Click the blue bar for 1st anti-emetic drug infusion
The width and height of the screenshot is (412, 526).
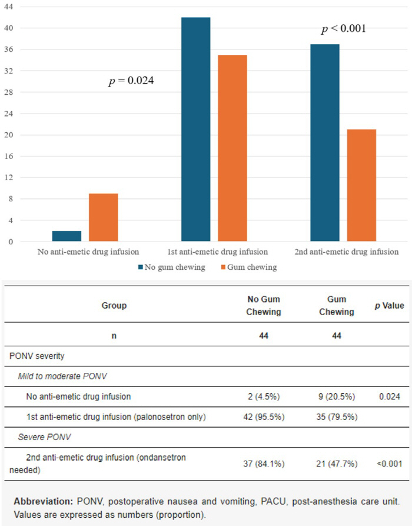195,130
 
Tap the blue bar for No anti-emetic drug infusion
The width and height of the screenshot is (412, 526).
67,236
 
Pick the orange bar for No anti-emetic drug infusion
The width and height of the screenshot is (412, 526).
103,217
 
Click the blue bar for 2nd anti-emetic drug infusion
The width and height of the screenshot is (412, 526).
324,143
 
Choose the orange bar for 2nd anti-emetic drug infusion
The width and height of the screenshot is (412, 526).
361,186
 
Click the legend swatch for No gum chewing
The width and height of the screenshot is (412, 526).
141,267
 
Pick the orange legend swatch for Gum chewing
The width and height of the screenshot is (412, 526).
222,267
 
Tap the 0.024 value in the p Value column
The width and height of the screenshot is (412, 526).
390,397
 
